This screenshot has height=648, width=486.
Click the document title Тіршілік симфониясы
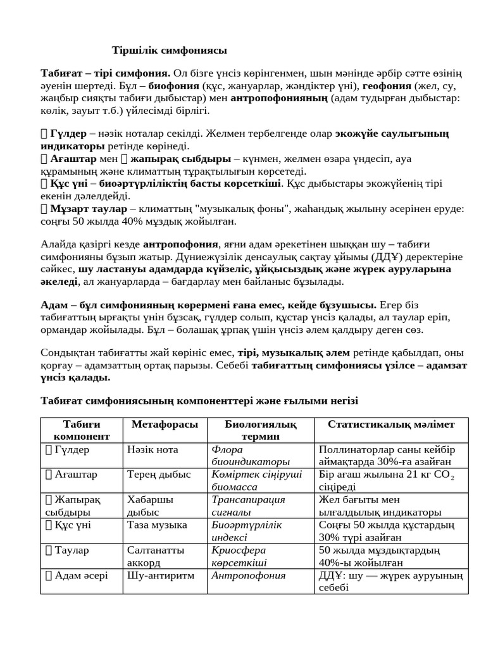point(169,50)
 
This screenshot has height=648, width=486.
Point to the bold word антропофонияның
point(278,98)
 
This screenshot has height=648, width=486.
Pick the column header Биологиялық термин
point(260,430)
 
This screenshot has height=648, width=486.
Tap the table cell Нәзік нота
point(153,449)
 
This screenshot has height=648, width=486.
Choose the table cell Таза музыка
point(157,525)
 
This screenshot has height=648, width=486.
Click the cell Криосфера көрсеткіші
point(239,556)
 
